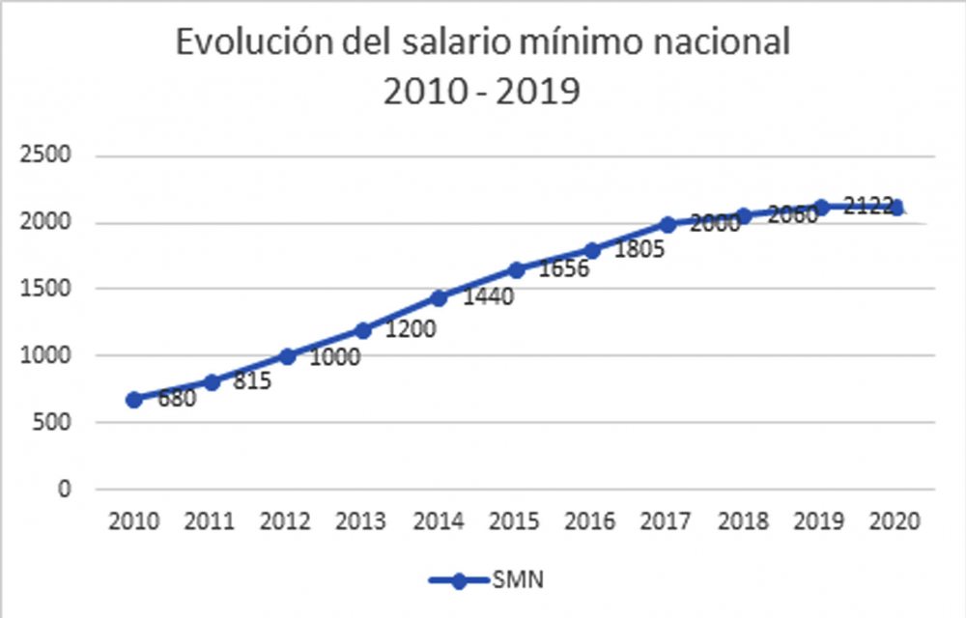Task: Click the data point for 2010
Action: point(133,400)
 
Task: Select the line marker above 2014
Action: point(439,298)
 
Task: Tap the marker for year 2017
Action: point(668,224)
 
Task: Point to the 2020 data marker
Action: point(896,208)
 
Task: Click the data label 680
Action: point(177,399)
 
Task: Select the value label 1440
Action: point(488,296)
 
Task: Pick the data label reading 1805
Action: point(639,249)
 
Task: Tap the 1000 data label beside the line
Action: point(334,357)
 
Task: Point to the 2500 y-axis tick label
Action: point(45,154)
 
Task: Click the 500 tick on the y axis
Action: point(52,422)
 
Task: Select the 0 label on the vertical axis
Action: point(65,490)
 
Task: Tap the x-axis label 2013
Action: point(360,521)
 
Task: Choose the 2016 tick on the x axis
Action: point(589,521)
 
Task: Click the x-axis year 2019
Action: point(818,521)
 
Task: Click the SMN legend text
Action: point(518,579)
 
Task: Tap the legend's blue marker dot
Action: point(458,580)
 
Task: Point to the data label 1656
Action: point(564,268)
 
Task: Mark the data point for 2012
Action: point(287,356)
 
